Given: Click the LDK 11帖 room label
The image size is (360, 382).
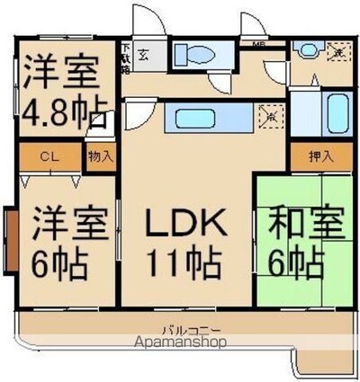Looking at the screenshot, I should pos(184,243).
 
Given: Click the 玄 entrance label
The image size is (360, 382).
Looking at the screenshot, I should pos(144,54).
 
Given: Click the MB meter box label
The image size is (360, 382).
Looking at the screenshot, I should pos(258,43).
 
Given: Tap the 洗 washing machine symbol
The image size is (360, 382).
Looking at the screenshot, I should pos(337,51).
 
